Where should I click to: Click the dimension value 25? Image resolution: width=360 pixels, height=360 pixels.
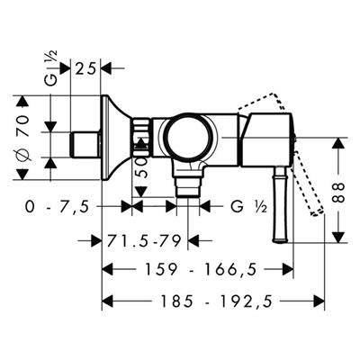[x=85, y=68]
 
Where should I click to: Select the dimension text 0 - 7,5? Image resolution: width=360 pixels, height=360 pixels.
[x=57, y=207]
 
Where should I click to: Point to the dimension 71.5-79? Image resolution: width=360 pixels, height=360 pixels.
[x=144, y=240]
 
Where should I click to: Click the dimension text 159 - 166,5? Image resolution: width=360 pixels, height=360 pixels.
[x=202, y=269]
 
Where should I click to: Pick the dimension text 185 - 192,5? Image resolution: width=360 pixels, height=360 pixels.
[x=217, y=301]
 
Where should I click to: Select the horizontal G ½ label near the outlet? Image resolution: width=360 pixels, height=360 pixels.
[x=249, y=207]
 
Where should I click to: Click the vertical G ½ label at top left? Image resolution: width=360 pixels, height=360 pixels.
[x=52, y=68]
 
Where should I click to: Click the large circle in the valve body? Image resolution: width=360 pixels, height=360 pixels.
[x=187, y=138]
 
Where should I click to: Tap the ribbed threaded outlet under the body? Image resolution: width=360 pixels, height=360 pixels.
[x=188, y=187]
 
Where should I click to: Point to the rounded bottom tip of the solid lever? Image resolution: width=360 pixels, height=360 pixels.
[x=280, y=240]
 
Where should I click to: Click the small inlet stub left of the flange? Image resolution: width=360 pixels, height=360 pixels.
[x=85, y=145]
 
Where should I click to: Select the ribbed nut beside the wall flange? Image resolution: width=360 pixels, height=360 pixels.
[x=140, y=138]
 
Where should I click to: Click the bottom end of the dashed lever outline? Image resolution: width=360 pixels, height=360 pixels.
[x=318, y=212]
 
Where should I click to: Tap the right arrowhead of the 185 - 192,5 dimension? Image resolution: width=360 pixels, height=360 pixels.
[x=319, y=301]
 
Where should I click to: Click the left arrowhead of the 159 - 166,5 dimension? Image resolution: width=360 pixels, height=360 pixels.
[x=108, y=269]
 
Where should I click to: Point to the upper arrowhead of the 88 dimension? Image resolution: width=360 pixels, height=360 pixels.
[x=339, y=142]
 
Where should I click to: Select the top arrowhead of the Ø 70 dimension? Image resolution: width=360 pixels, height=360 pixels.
[x=22, y=101]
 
